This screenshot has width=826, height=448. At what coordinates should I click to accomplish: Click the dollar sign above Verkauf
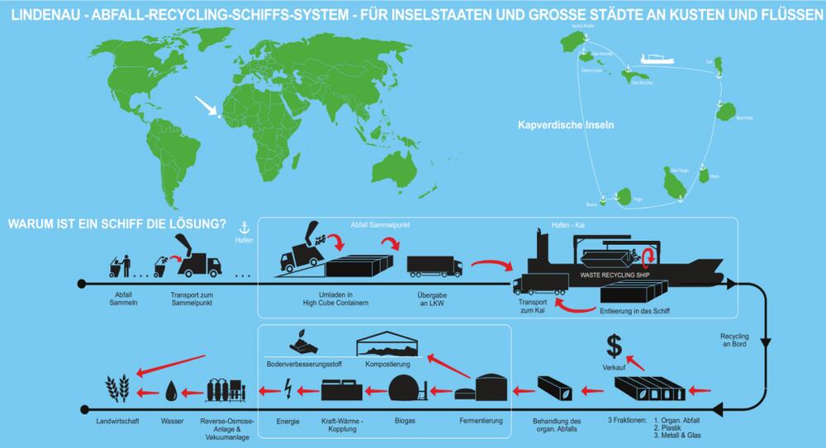point(615,344)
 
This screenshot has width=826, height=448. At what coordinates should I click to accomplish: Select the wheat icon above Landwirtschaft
point(118,389)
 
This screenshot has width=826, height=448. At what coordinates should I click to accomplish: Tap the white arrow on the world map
point(207,106)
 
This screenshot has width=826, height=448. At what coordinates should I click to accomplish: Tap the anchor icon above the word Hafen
point(243,226)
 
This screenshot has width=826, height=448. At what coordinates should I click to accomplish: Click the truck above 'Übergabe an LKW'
point(434,266)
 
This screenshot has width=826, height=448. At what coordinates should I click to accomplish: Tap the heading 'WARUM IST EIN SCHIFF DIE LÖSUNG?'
point(116,224)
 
